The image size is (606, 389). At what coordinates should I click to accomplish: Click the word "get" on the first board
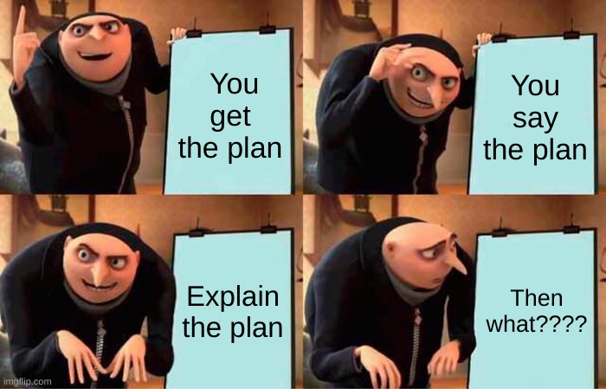point(231,118)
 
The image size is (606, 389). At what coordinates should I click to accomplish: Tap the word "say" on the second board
point(535,120)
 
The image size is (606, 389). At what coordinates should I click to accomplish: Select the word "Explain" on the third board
point(233,297)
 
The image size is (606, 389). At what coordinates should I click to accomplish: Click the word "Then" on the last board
point(537,298)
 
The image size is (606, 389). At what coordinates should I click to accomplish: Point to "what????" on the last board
point(537,323)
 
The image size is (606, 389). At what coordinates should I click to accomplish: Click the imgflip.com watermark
point(26,382)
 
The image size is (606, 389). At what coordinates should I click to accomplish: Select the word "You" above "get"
point(235,83)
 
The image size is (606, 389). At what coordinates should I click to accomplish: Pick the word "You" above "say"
point(536,86)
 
